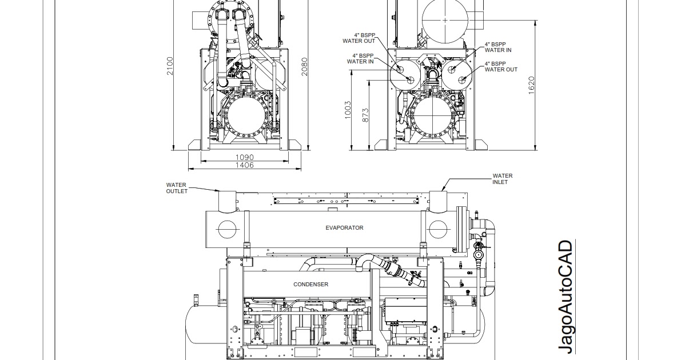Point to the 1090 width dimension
(245, 157)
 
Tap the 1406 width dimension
(245, 165)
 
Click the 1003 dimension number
(348, 110)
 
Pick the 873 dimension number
(365, 115)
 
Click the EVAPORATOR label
(344, 228)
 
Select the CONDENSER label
(310, 284)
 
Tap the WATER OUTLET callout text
(177, 188)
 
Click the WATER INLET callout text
(503, 179)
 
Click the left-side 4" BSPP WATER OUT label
(359, 38)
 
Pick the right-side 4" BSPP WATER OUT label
(501, 67)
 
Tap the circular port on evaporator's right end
(437, 229)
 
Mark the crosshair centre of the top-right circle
(445, 20)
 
